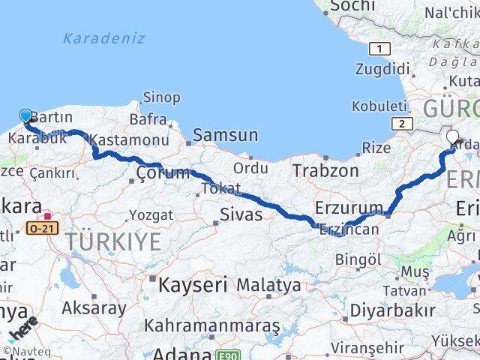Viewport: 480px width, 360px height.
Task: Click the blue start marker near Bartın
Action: coord(25,115)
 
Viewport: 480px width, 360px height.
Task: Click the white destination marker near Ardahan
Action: coord(452,136)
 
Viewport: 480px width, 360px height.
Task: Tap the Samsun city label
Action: coord(225,136)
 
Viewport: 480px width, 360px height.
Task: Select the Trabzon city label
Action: coord(325,171)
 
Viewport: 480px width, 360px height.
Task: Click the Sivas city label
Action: coord(241,215)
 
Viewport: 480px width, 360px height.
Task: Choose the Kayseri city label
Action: coord(192,285)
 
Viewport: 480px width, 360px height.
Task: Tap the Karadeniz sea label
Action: coord(104,38)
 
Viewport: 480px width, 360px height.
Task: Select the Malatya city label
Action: coord(268,286)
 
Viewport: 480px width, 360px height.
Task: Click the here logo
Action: coord(22,330)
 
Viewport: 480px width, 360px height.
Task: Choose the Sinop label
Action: coord(161,97)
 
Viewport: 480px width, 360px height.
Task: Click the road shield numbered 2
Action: coord(402,123)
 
